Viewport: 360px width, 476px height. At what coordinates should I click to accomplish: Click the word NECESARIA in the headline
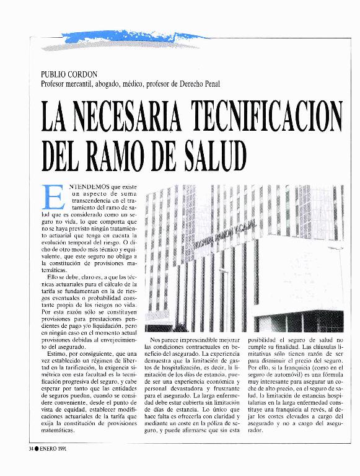click(126, 117)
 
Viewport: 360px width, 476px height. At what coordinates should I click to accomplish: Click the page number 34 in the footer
click(32, 447)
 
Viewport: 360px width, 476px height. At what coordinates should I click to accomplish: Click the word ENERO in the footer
click(50, 447)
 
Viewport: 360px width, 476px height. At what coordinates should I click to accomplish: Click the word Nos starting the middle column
click(157, 340)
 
